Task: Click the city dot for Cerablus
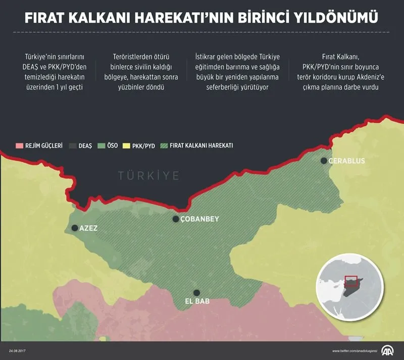tap(324, 161)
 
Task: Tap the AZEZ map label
tap(88, 228)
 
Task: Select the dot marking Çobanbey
tap(176, 219)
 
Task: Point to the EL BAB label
tap(198, 302)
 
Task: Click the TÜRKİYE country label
tap(149, 176)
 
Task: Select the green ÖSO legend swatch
tap(101, 145)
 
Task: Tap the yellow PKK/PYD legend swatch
tap(126, 145)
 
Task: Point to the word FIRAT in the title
tap(45, 19)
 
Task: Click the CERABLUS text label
tap(346, 161)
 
